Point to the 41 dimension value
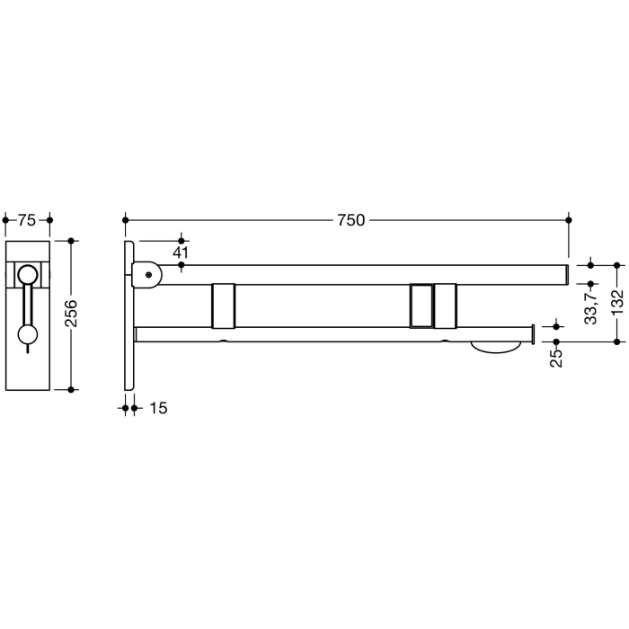[182, 252]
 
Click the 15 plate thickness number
[156, 408]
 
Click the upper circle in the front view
[29, 275]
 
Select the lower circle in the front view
[29, 336]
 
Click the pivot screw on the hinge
[147, 275]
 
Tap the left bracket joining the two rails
[223, 306]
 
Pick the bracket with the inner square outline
[420, 306]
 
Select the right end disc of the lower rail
[534, 334]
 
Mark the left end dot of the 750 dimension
[126, 219]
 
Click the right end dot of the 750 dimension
[568, 219]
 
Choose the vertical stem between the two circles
[29, 306]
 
